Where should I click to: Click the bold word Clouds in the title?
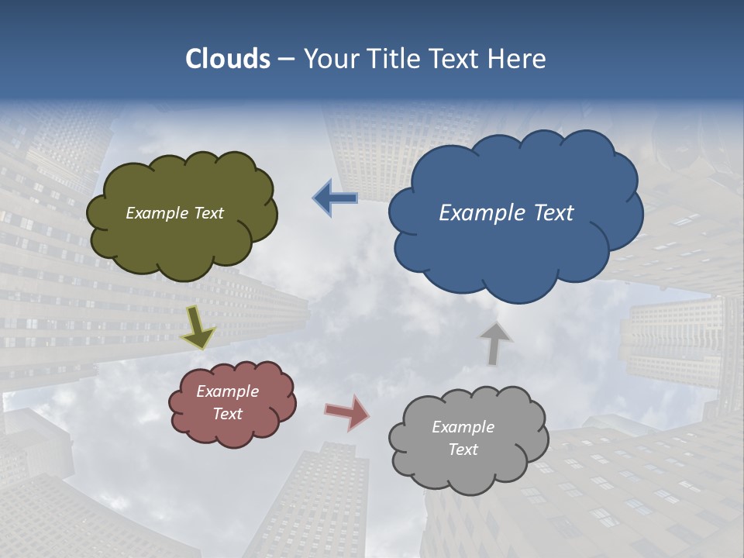pos(228,59)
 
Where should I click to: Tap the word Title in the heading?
pos(394,59)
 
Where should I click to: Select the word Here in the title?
pos(517,59)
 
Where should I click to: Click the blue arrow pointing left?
pos(335,198)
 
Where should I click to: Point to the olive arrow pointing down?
pos(198,329)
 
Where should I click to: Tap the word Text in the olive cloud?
pos(208,213)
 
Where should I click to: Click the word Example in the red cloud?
pos(227,391)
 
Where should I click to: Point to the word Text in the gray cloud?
pos(463,449)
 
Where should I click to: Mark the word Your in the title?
pos(329,59)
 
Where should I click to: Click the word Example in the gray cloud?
pos(463,427)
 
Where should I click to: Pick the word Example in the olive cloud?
pos(157,213)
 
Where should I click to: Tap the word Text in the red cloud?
pos(228,414)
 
